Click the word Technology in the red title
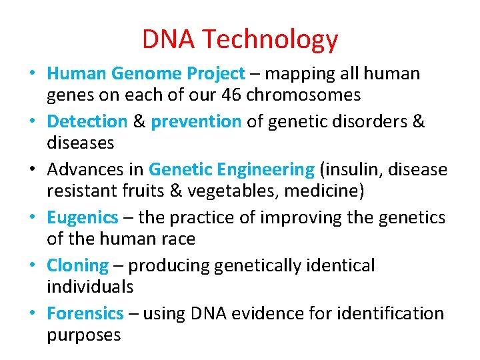[270, 39]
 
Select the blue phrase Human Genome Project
[146, 73]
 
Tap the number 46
[231, 95]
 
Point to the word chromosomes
[303, 95]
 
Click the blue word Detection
[87, 121]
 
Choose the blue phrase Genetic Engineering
[231, 169]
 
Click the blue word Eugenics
[83, 217]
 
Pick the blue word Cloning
[77, 265]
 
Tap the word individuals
[90, 287]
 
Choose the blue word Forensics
[85, 313]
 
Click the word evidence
[267, 313]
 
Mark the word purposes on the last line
[83, 335]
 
